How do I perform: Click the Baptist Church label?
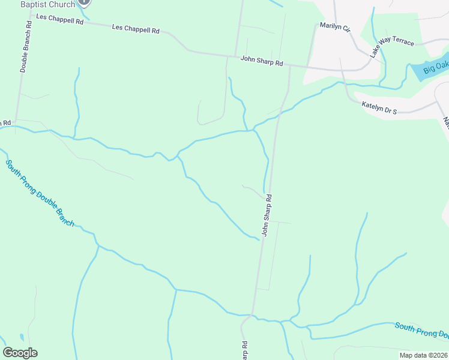click(48, 4)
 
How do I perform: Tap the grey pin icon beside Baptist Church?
click(84, 2)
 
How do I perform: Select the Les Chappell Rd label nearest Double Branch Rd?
click(59, 20)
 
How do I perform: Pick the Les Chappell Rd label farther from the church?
click(136, 29)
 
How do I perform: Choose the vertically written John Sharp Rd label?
click(267, 214)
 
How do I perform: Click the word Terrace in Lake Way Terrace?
click(403, 42)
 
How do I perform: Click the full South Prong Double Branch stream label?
click(40, 193)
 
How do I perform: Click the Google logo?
click(20, 353)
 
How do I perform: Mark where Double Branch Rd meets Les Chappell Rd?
click(31, 15)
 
